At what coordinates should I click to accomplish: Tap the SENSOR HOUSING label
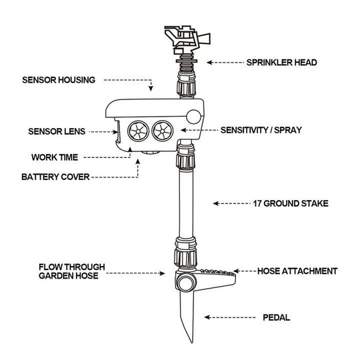[x=59, y=80]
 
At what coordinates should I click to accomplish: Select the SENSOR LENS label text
[x=57, y=131]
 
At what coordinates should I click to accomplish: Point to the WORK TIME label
[x=55, y=158]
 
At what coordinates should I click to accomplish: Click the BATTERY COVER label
[x=55, y=178]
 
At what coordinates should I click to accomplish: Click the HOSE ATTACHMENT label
[x=297, y=271]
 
